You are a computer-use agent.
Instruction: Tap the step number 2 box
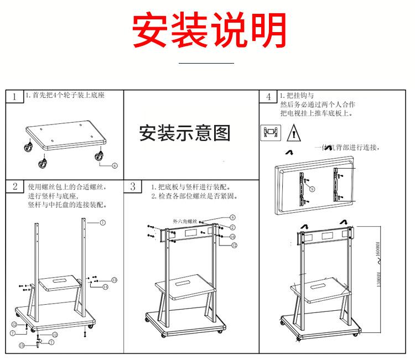(14, 186)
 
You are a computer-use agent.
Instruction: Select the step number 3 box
(133, 186)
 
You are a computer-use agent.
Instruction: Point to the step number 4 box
(268, 97)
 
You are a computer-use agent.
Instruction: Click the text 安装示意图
(185, 133)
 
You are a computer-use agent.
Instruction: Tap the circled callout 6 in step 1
(115, 165)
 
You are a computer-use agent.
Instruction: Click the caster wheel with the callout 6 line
(101, 156)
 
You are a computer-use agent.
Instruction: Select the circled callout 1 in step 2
(103, 222)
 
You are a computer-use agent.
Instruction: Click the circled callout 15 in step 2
(22, 345)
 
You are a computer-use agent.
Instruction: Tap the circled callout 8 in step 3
(232, 217)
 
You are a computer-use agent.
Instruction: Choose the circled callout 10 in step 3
(233, 236)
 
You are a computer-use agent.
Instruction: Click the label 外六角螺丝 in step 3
(185, 221)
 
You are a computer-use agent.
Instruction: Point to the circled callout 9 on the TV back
(312, 189)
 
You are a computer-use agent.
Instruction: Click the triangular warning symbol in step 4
(293, 133)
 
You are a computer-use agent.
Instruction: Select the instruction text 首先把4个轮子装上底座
(65, 95)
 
